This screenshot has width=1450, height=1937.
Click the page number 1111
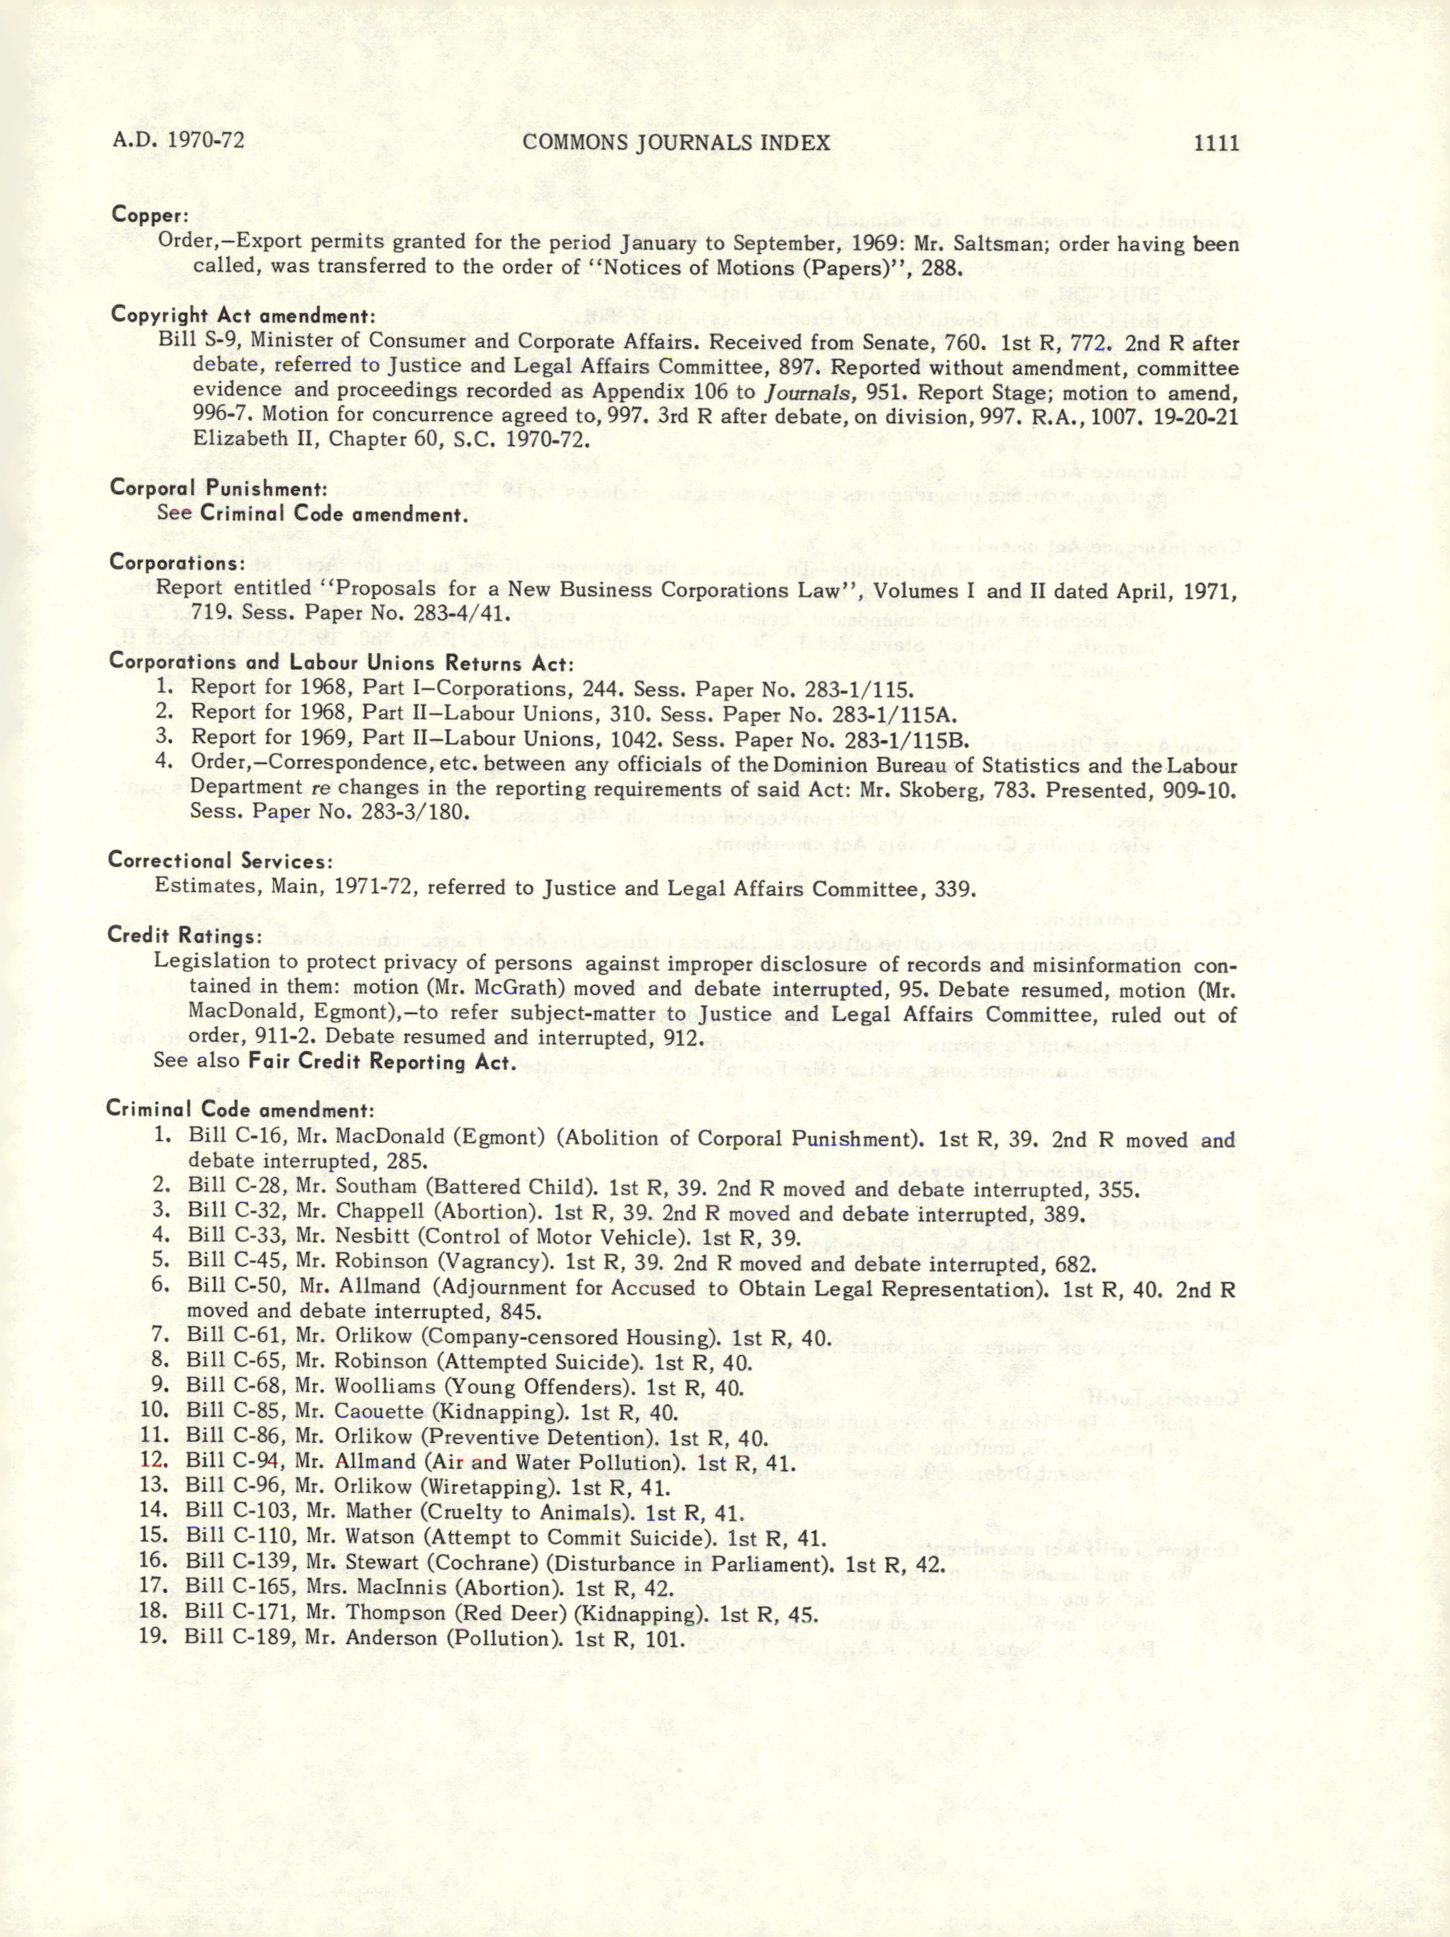(x=1216, y=143)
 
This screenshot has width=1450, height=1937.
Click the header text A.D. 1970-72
(x=178, y=140)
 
